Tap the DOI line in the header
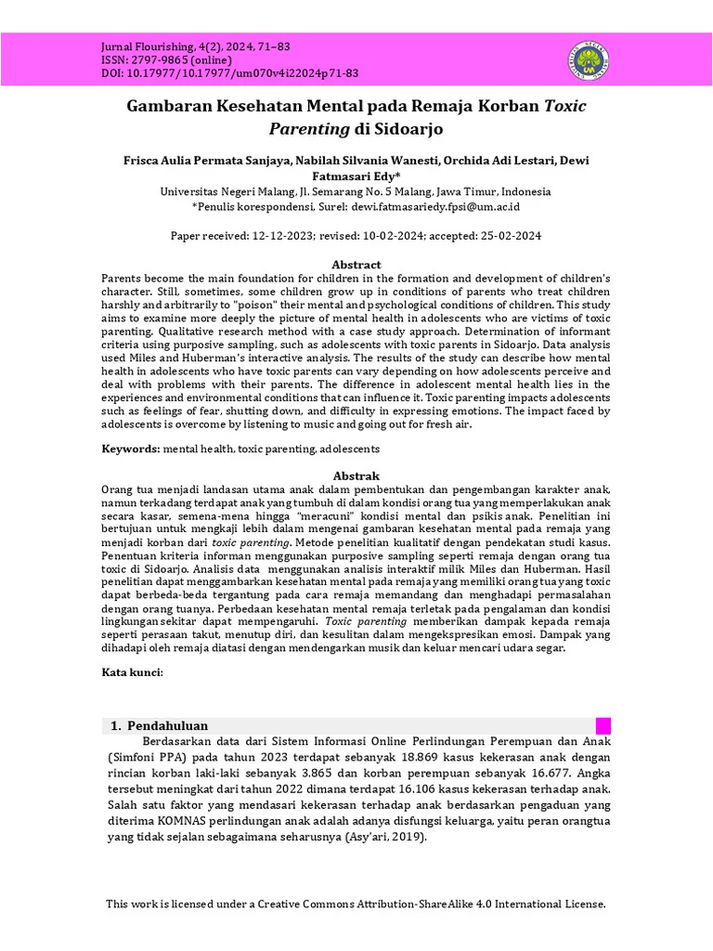[228, 73]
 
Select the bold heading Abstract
[356, 265]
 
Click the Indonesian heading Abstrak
[356, 475]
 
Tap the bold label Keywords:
[131, 449]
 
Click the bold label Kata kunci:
[132, 672]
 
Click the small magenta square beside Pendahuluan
[603, 725]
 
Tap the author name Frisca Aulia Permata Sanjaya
[204, 160]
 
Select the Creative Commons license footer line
[356, 904]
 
